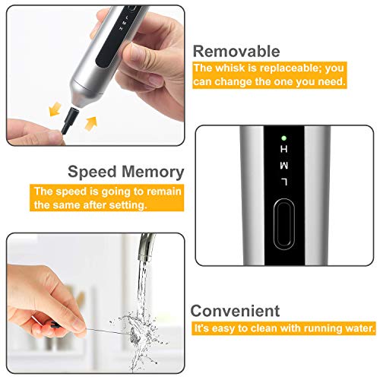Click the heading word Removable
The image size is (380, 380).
coord(236,51)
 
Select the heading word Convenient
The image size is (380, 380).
coord(235,310)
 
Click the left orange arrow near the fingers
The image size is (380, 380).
coord(55,110)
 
